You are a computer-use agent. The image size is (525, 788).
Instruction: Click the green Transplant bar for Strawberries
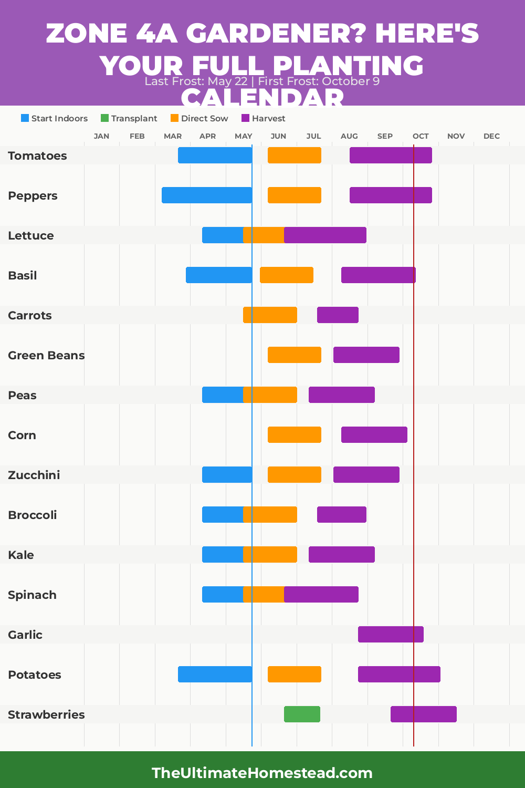(302, 714)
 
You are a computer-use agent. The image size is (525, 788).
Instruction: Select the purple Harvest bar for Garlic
(391, 635)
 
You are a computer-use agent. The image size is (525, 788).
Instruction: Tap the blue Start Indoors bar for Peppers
(207, 195)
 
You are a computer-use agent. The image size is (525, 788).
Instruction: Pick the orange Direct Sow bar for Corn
(295, 435)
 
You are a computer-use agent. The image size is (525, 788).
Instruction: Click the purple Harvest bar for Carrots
(338, 315)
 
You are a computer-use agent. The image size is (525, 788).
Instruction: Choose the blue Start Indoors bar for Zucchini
(227, 475)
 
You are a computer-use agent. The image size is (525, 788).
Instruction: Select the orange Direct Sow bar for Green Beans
(295, 355)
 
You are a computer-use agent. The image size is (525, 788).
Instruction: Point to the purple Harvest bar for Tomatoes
(391, 155)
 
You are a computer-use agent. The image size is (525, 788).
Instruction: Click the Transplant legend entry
(129, 119)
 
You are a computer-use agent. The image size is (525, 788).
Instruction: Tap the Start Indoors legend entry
(54, 119)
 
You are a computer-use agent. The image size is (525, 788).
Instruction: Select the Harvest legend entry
(263, 119)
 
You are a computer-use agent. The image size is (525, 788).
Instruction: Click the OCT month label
(421, 136)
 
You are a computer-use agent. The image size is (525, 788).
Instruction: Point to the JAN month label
(101, 136)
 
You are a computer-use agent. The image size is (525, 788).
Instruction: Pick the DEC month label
(491, 136)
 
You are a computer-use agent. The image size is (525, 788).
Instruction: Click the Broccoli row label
(33, 515)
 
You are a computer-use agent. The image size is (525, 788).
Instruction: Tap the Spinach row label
(32, 595)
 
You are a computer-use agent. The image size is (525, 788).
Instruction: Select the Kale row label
(21, 555)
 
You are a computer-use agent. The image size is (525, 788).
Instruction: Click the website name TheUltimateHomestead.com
(262, 773)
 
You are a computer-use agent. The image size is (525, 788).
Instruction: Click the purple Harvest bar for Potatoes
(399, 675)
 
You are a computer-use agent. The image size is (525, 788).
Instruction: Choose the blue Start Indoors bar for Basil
(218, 275)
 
